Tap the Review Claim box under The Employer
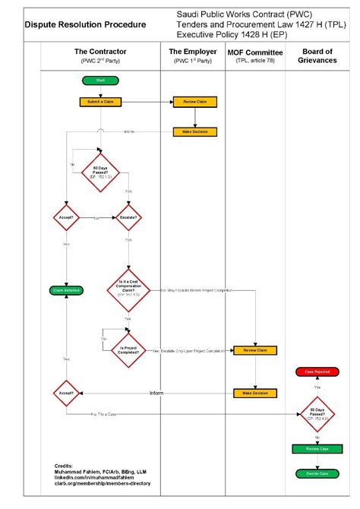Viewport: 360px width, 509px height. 196,101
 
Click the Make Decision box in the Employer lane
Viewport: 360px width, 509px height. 196,131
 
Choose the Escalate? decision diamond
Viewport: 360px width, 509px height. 127,217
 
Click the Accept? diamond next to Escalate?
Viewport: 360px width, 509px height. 67,217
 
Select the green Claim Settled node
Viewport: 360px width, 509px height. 67,290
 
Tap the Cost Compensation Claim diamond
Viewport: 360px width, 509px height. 127,289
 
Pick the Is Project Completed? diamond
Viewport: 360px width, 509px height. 127,350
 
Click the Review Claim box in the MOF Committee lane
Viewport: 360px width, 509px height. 255,350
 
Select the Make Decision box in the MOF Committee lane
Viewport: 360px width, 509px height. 255,393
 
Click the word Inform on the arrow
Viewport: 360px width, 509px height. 156,393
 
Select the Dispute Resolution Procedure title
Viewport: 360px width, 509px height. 85,24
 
